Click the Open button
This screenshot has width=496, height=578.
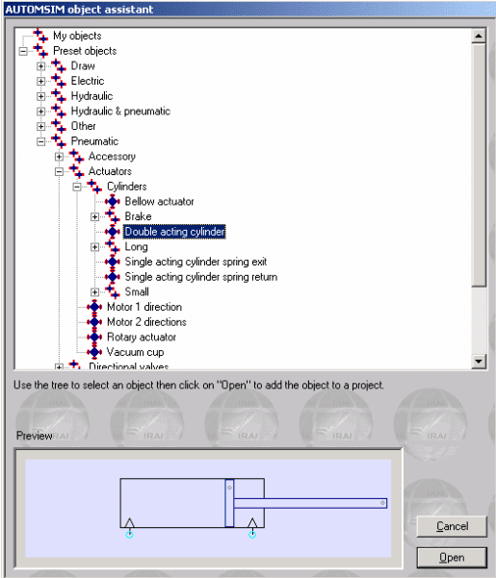(452, 558)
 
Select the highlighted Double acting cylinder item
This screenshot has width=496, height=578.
(174, 232)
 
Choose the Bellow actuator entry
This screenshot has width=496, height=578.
(159, 202)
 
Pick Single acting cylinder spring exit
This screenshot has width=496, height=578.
(196, 262)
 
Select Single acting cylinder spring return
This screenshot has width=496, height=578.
(201, 277)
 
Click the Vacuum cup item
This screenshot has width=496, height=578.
(135, 352)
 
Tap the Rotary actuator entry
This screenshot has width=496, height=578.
(142, 337)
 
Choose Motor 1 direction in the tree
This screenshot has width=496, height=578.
(144, 307)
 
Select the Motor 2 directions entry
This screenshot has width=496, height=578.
(146, 322)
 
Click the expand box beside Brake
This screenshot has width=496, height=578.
(94, 216)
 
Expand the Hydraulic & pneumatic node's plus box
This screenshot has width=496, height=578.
(41, 112)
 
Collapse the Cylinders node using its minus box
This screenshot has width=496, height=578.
(77, 187)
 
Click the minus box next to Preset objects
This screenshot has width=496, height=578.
(23, 51)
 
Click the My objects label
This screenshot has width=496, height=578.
(77, 36)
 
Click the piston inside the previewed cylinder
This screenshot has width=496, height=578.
(229, 503)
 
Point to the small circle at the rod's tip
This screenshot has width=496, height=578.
(382, 503)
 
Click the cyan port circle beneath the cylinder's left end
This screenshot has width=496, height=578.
(129, 534)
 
